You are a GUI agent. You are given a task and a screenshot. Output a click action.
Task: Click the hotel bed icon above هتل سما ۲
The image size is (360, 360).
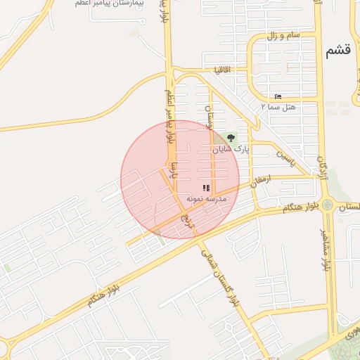(x=278, y=96)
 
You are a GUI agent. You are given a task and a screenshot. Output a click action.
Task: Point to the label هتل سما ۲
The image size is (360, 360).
(x=276, y=107)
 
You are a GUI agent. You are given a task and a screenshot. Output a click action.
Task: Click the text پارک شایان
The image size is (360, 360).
(x=232, y=150)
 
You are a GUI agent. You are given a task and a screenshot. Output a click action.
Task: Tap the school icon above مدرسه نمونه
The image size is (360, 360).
(x=206, y=188)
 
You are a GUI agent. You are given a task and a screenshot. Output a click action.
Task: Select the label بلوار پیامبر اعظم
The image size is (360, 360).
(x=169, y=116)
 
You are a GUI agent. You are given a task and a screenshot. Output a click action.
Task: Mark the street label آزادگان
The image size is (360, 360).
(x=322, y=169)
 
